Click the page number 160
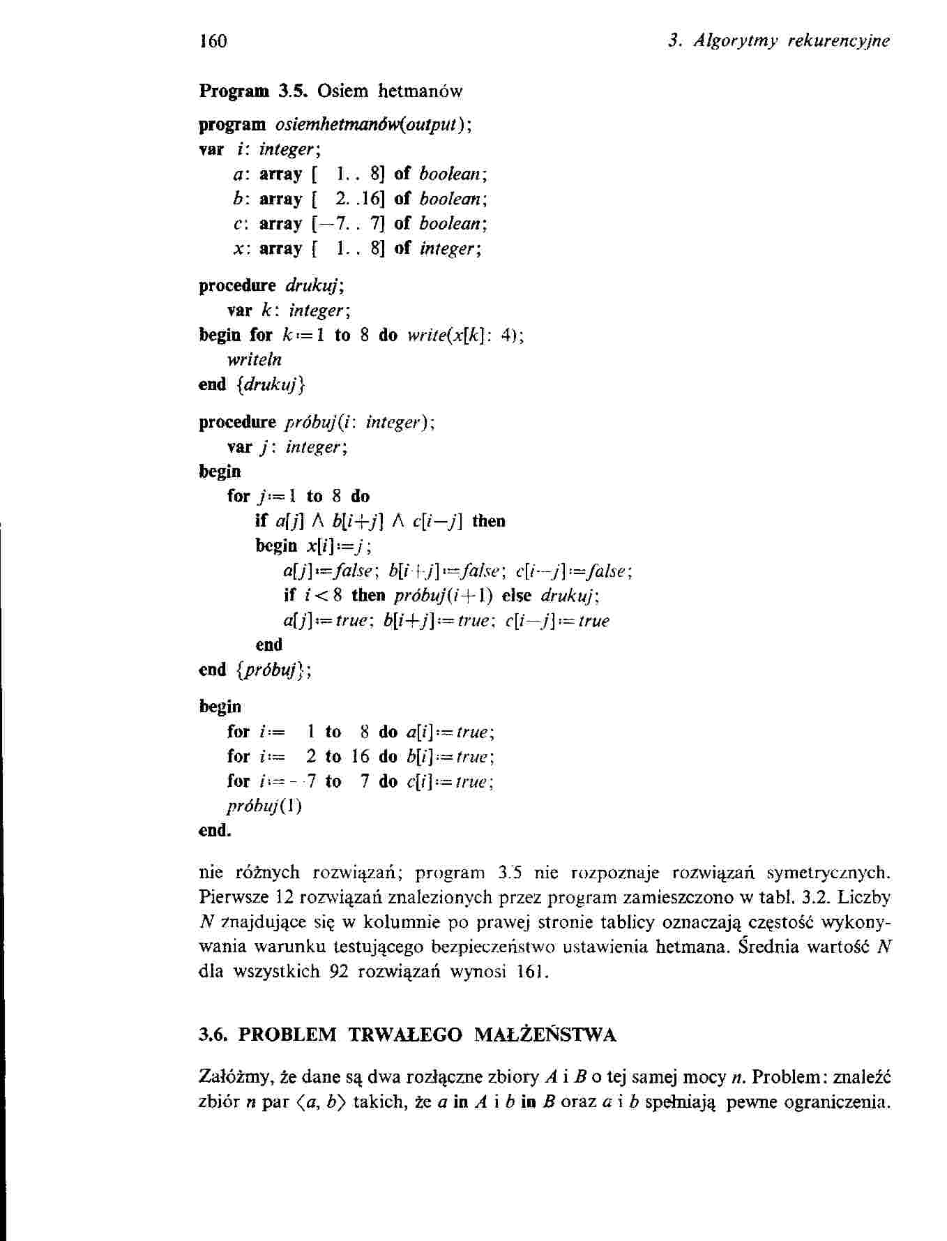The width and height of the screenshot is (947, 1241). point(213,41)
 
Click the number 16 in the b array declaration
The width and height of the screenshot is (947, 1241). point(367,200)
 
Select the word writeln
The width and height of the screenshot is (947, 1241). point(255,360)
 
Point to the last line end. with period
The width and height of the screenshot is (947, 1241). point(215,831)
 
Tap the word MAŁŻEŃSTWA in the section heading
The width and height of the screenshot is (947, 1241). point(545,1035)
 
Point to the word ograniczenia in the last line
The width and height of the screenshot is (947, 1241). point(838,1103)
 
